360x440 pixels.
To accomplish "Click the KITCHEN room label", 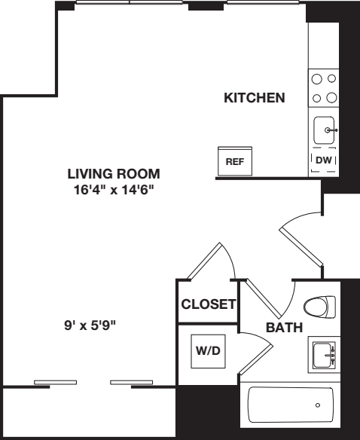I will pos(254,98).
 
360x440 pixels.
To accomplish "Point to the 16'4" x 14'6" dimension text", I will pos(113,190).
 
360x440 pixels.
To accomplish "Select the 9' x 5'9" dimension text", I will pos(89,325).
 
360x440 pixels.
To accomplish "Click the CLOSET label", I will pos(209,305).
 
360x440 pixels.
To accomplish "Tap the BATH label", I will pos(284,328).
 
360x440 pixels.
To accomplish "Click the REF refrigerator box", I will pos(234,161).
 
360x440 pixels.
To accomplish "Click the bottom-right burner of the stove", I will pos(331,96).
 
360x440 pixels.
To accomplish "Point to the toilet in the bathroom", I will pos(319,307).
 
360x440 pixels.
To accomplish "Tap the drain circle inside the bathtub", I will pos(317,405).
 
